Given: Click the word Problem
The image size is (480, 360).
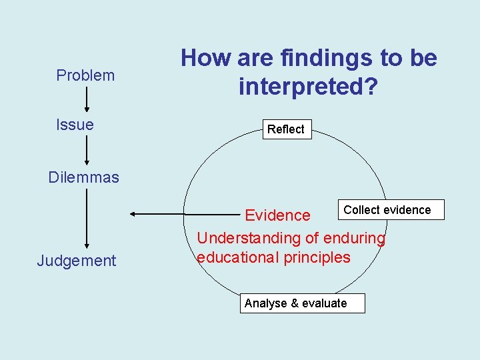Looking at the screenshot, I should pos(85,75).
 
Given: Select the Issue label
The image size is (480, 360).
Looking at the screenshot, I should pos(75,124).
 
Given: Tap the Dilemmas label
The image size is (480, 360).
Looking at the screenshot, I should pos(84,177).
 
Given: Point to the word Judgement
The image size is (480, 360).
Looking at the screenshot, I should pos(77,261).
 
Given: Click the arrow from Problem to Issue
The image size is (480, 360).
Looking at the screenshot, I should pos(87,100).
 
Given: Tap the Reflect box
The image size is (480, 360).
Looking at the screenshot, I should pos(285,129).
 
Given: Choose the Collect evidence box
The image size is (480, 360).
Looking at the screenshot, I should pos(387,210).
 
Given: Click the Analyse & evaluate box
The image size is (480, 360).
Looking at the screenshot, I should pos(295,303).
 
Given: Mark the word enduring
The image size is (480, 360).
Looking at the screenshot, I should pos(354,238).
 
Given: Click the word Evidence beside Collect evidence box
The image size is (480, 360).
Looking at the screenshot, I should pos(277,215).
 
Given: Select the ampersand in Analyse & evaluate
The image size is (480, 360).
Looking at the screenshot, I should pos(294,303).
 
